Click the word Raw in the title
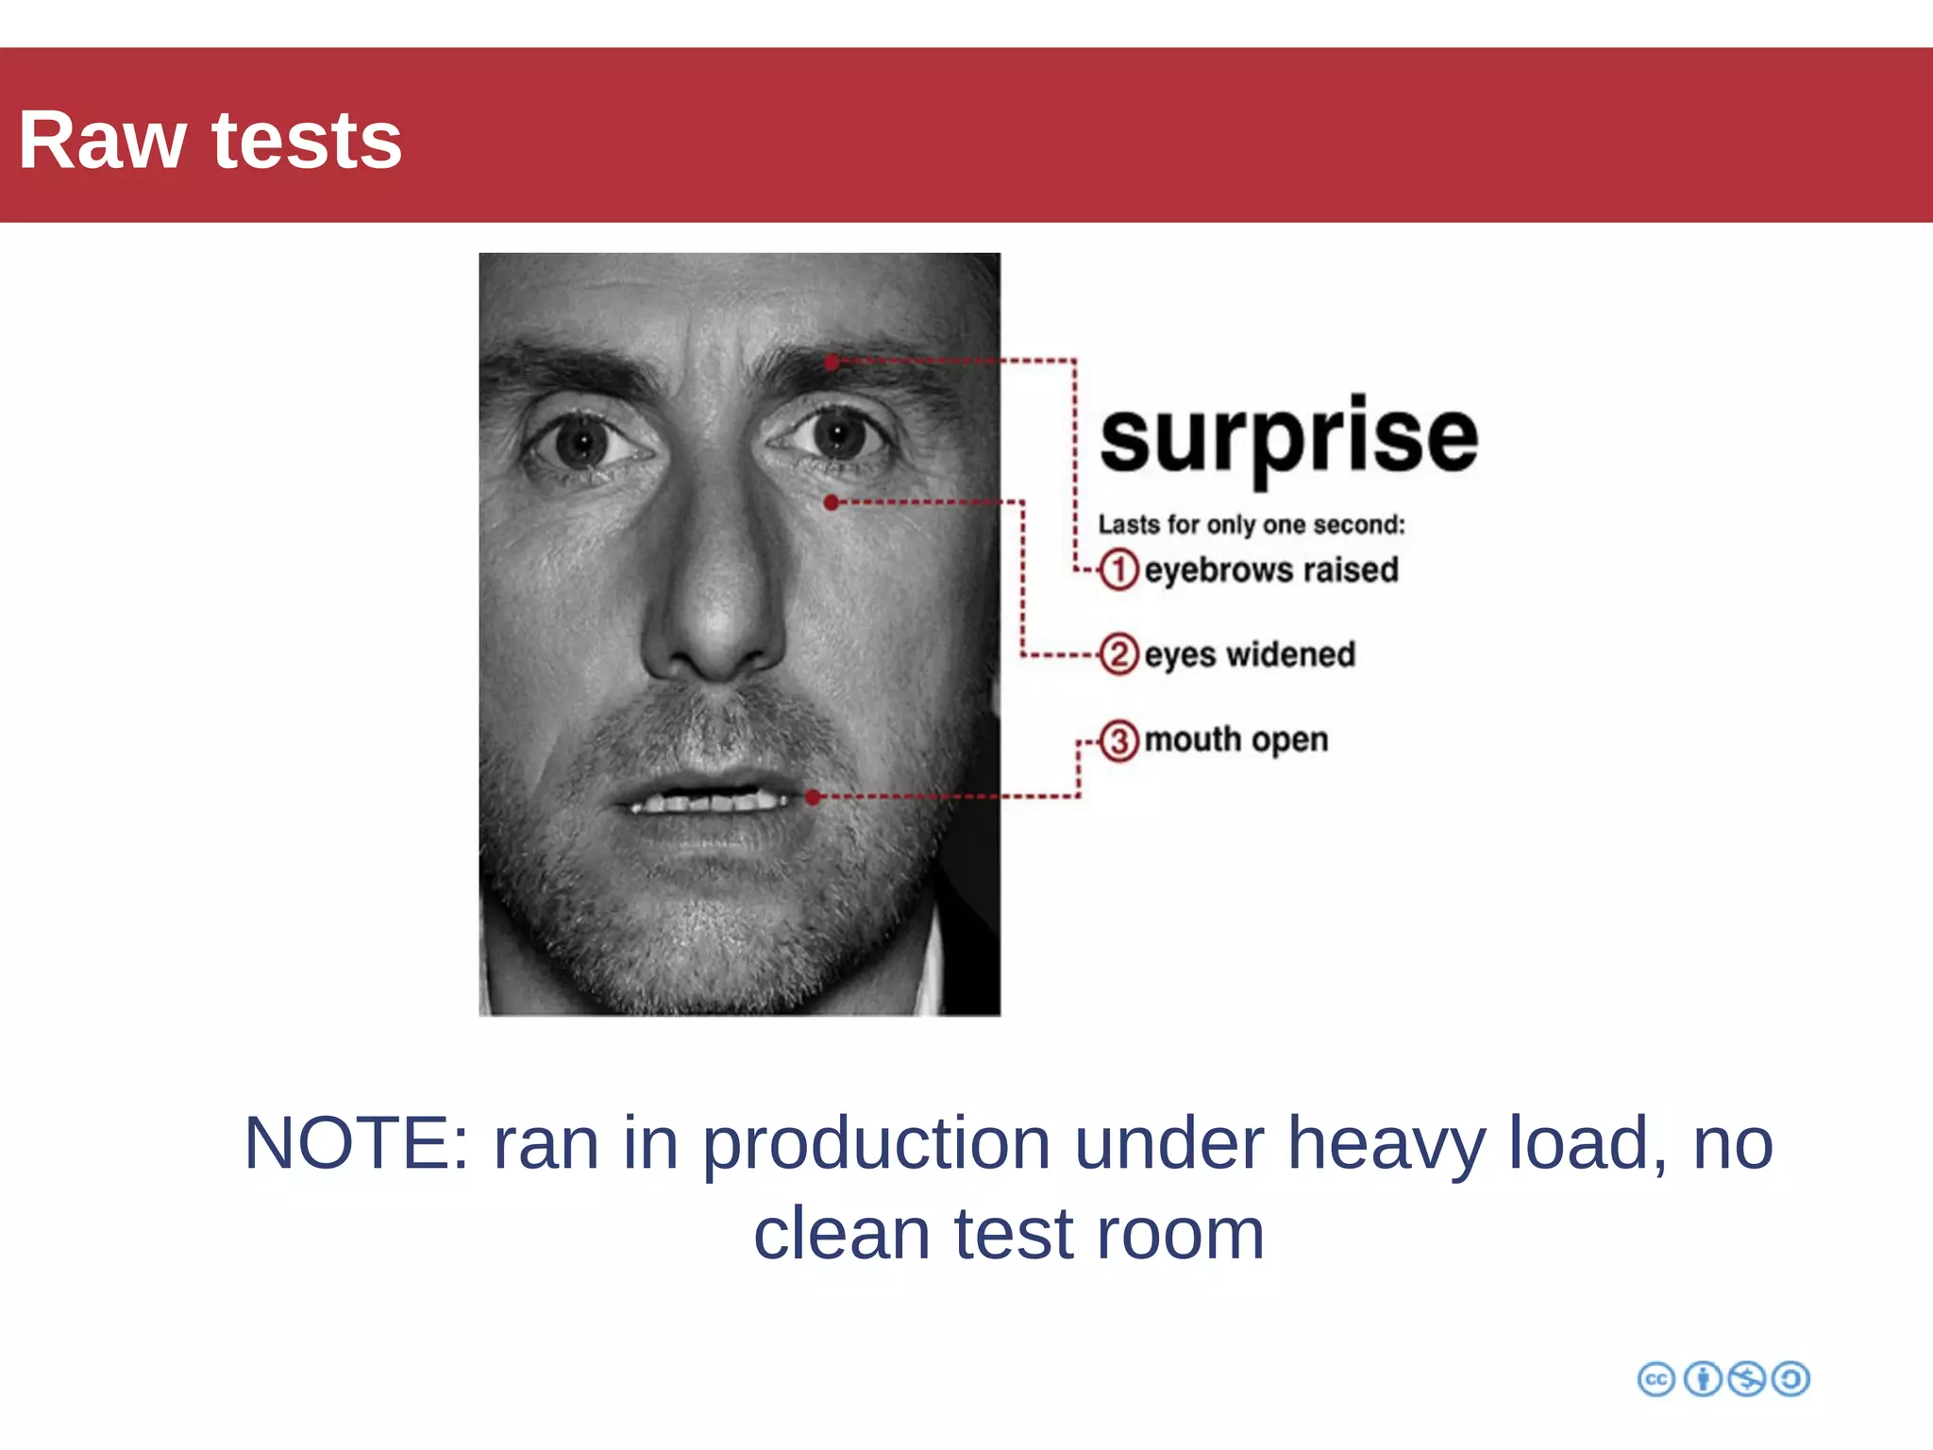click(102, 142)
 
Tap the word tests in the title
click(307, 142)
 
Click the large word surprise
click(1288, 437)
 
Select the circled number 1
click(1119, 570)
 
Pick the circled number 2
click(1119, 654)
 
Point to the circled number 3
click(1119, 740)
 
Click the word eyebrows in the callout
click(1218, 571)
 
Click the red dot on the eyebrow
click(832, 362)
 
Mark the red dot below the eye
click(831, 503)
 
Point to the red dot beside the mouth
click(813, 798)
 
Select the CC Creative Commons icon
click(1656, 1379)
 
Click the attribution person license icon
click(1703, 1379)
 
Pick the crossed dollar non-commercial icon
click(1746, 1379)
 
